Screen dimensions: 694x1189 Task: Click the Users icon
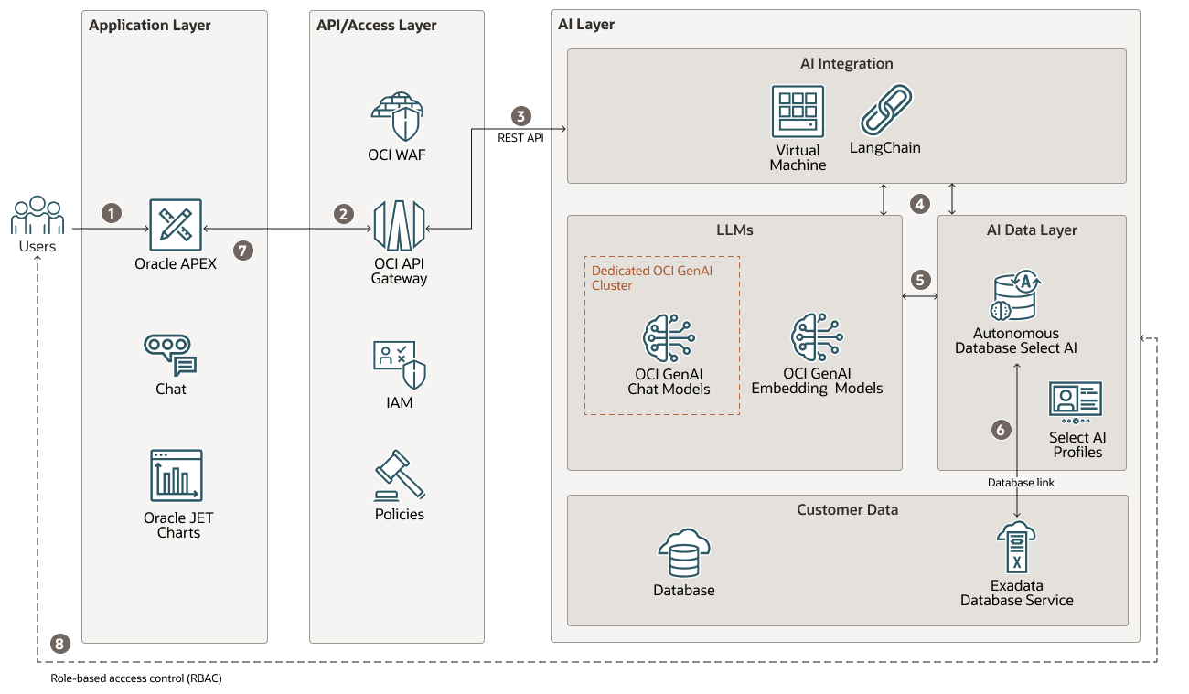point(37,216)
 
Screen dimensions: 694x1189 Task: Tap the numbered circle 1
point(112,213)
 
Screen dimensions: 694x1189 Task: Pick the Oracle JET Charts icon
point(177,475)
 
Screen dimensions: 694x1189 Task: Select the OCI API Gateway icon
point(399,225)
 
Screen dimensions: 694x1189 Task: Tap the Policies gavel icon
point(400,475)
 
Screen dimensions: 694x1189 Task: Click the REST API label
point(520,138)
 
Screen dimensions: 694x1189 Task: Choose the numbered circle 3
point(520,116)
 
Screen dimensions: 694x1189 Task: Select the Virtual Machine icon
point(798,112)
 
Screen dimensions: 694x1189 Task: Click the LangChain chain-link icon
point(885,111)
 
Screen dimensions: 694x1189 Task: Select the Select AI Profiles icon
point(1076,400)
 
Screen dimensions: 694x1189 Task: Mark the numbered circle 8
point(60,644)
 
